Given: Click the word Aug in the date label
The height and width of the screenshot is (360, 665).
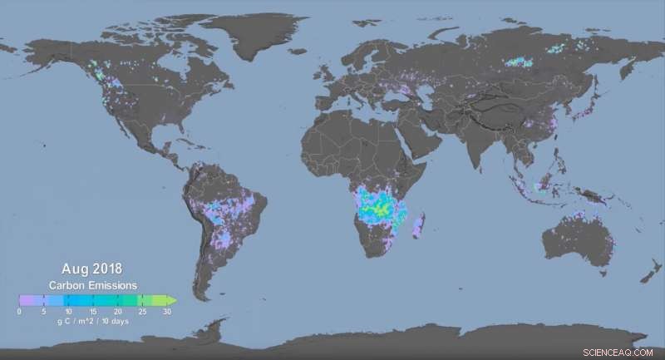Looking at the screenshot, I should click(x=74, y=269).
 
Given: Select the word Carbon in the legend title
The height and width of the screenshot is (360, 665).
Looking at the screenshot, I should click(x=70, y=284).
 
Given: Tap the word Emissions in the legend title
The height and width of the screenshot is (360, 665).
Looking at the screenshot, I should click(x=115, y=284).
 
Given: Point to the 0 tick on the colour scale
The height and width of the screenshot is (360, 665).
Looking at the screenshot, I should click(x=19, y=311).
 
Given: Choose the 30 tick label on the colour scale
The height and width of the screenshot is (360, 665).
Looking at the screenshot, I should click(x=167, y=311).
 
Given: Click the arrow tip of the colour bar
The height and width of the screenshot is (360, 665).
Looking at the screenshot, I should click(x=173, y=299).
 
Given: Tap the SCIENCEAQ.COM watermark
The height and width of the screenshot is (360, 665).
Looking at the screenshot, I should click(x=619, y=353).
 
